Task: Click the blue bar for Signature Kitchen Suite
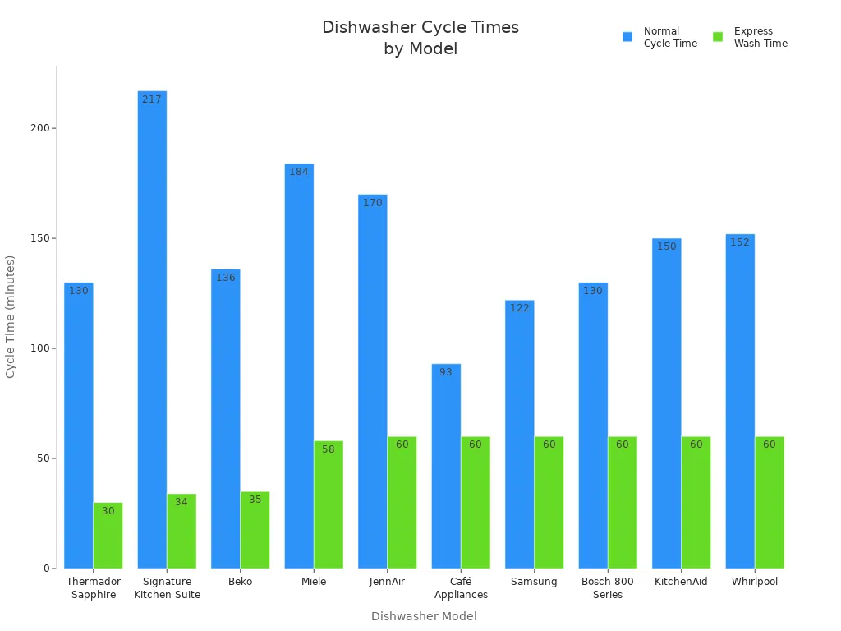[x=152, y=329]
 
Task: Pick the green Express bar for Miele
[x=329, y=504]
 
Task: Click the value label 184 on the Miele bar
[x=299, y=172]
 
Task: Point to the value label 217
[x=152, y=99]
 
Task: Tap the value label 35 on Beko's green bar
[x=255, y=500]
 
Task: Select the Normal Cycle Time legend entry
[x=660, y=37]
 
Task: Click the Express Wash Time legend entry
[x=751, y=37]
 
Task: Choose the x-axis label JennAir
[x=387, y=582]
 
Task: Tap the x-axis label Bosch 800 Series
[x=608, y=587]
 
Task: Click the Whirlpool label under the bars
[x=755, y=582]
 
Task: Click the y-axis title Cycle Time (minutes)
[x=11, y=316]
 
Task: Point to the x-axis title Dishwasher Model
[x=424, y=616]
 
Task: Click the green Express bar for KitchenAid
[x=696, y=502]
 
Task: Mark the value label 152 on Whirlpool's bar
[x=740, y=242]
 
